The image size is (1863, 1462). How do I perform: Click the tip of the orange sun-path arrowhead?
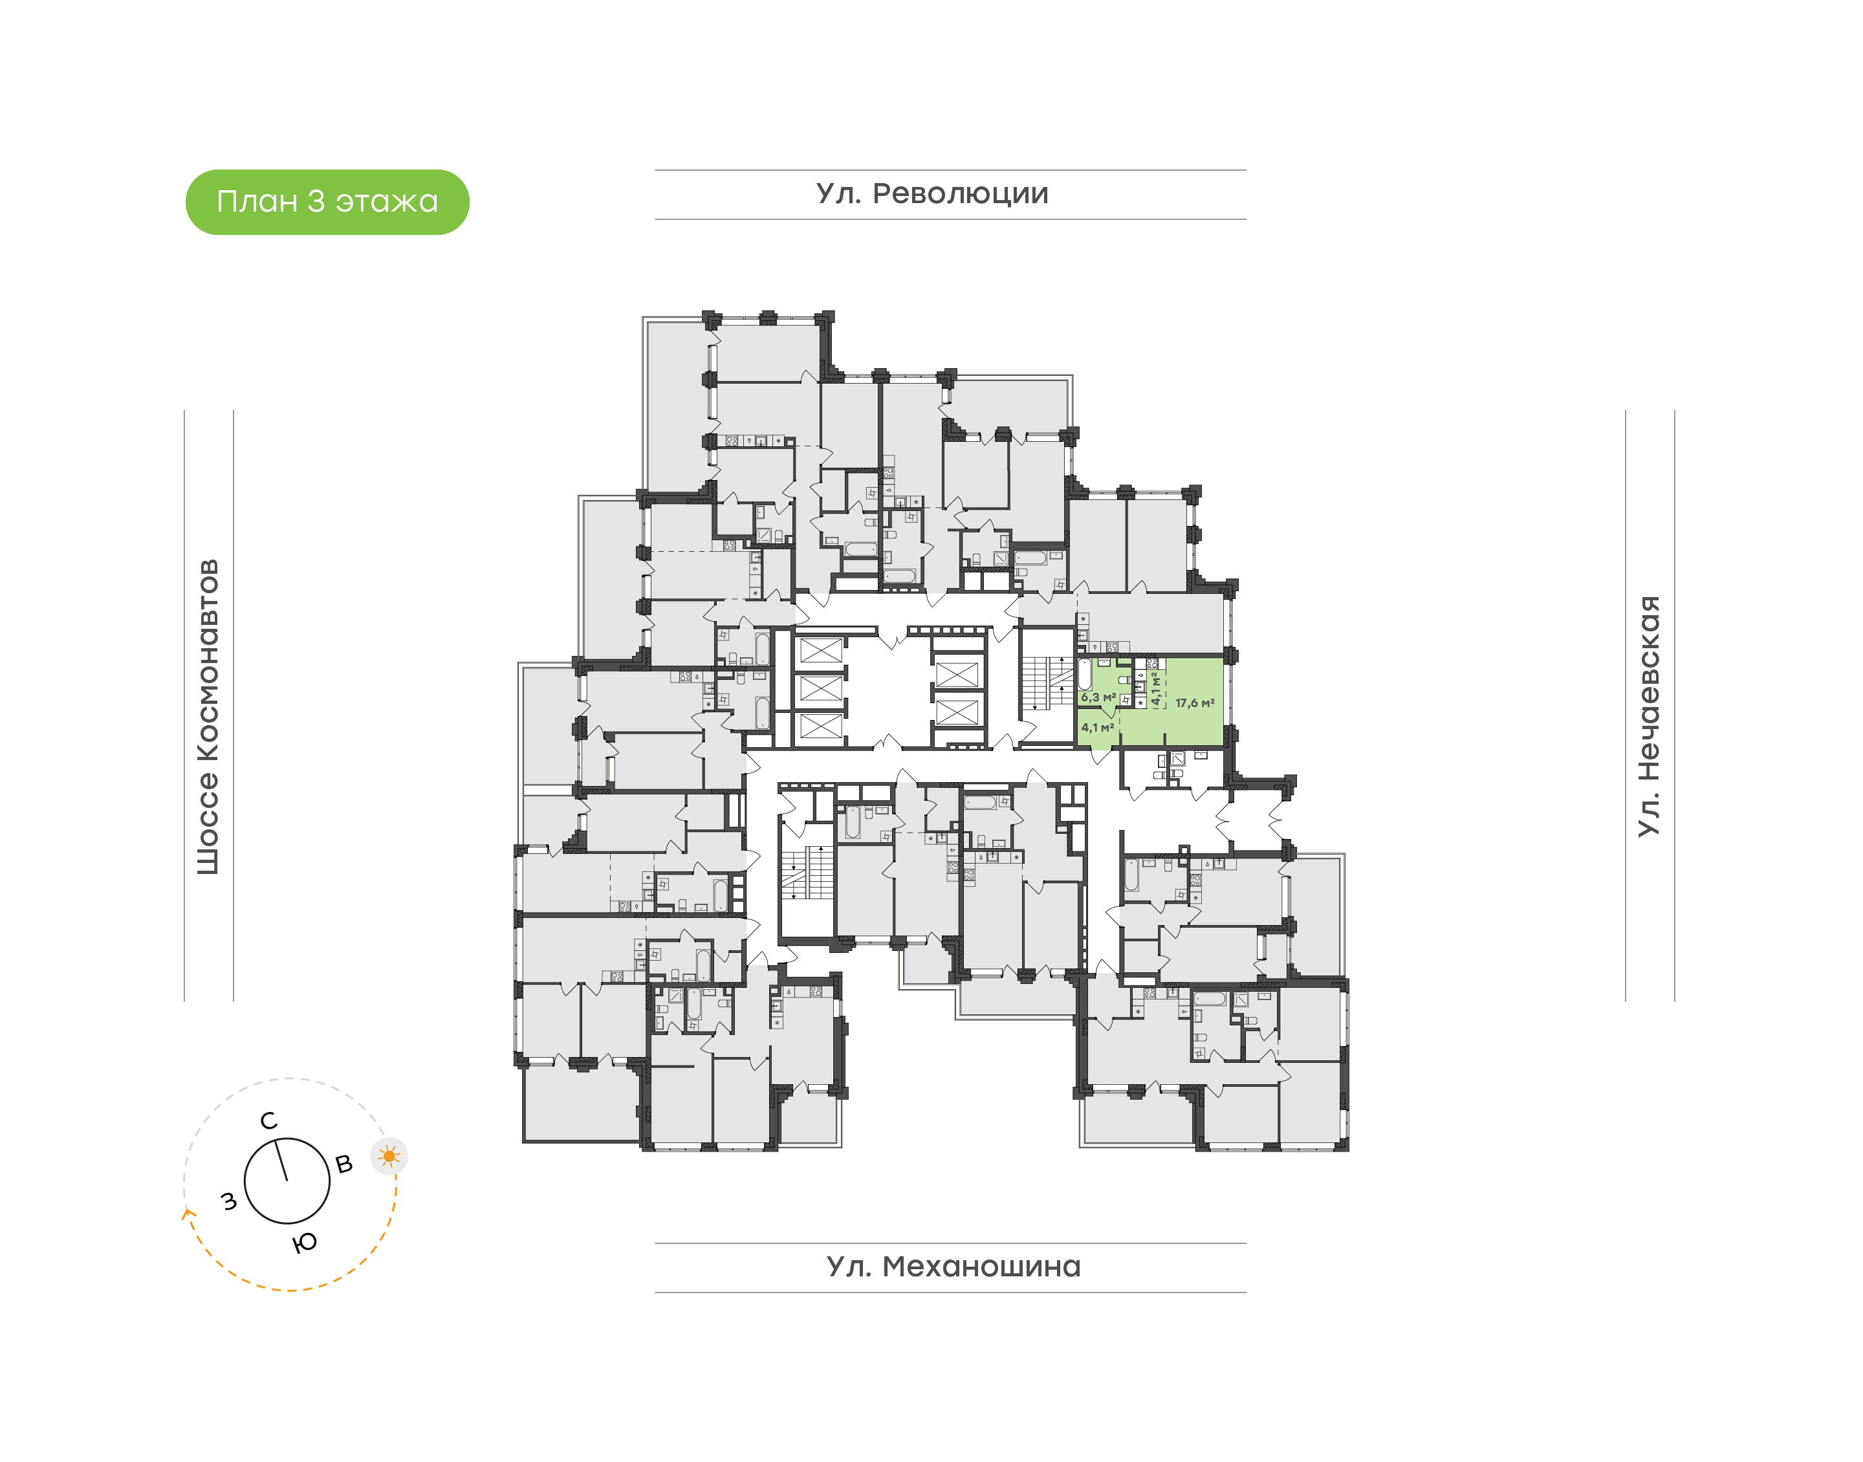tap(186, 1208)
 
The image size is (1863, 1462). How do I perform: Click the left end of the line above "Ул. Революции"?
tap(655, 170)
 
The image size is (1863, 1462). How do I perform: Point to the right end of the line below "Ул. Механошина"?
tap(1246, 1293)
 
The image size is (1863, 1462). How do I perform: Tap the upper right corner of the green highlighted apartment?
tap(1223, 657)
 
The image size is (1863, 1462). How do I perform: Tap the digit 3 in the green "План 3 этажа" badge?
tap(316, 201)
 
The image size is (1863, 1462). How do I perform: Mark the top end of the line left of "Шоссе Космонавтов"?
tap(184, 411)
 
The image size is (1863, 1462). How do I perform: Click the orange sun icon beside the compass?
tap(389, 1157)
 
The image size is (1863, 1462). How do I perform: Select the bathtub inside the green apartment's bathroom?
tap(1084, 675)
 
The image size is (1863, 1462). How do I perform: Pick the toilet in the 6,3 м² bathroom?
tap(1124, 680)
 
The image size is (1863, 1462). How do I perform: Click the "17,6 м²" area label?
tap(1195, 703)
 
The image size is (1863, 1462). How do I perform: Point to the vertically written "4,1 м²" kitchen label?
tap(1155, 688)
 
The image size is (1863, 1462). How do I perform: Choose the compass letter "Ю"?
tap(305, 1242)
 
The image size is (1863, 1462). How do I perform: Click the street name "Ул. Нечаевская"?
tap(1648, 715)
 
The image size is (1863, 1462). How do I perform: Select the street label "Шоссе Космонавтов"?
tap(208, 717)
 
